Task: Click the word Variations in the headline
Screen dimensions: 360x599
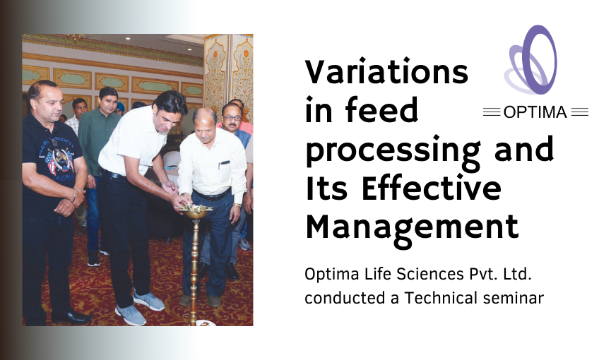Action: (x=386, y=73)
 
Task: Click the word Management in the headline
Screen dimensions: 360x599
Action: (x=412, y=227)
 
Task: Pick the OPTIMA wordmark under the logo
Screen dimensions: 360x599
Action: (x=536, y=112)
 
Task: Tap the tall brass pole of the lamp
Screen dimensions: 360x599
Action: (x=194, y=268)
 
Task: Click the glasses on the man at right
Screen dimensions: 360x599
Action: (x=231, y=112)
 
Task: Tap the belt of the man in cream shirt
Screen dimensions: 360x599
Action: (x=211, y=195)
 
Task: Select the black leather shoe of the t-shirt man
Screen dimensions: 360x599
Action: (x=70, y=317)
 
